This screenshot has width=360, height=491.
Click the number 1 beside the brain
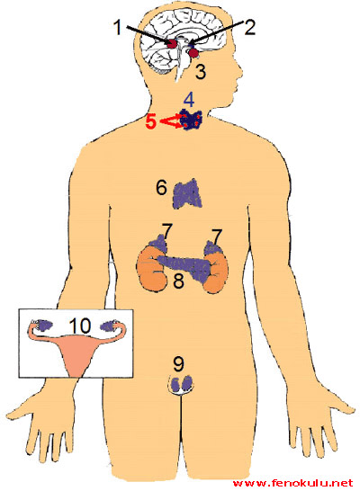point(118,27)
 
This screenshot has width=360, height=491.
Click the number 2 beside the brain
point(249,27)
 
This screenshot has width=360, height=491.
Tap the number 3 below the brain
point(201,71)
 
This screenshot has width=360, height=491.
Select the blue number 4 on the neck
point(189,100)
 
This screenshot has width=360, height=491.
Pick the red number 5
point(150,121)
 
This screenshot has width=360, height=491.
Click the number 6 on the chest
point(161,188)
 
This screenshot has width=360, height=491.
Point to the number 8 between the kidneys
point(178,281)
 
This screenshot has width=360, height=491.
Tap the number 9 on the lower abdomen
point(178,364)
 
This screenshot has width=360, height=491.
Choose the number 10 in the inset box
point(80,326)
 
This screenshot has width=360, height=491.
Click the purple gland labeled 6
point(187,194)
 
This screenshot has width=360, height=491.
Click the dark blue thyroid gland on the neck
point(191,120)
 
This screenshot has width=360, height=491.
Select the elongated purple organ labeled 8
point(184,267)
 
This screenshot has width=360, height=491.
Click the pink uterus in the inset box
point(76,353)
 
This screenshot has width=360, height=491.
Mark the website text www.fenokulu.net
point(293,483)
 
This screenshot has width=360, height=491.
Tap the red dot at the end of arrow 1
point(172,43)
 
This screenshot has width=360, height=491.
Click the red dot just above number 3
point(193,53)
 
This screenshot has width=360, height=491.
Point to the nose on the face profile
point(238,71)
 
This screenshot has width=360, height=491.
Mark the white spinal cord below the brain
point(178,66)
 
